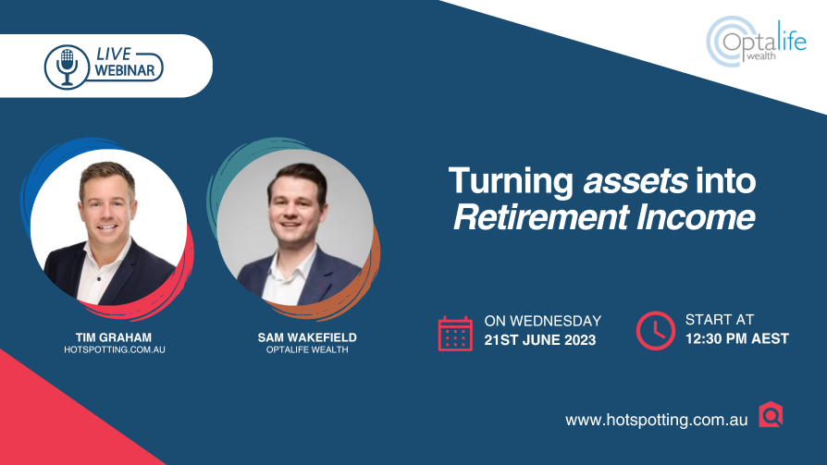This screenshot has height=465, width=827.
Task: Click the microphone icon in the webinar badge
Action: pos(67,67)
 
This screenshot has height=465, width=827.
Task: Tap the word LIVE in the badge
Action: pos(114,54)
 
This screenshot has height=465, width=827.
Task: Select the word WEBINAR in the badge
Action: pos(125,70)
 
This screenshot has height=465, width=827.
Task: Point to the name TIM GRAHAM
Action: pos(114,337)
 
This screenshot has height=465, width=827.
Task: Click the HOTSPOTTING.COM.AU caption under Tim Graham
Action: pos(115,349)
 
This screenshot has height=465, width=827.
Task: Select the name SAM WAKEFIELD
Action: pos(307,337)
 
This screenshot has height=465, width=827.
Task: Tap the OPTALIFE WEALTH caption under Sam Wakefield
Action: pos(307,349)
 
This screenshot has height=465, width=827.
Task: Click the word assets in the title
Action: pos(636,181)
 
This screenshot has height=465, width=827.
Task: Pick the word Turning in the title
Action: pos(511,182)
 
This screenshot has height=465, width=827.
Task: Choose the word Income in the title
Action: pos(696,217)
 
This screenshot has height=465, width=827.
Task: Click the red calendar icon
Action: pos(455,334)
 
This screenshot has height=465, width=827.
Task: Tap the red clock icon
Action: pos(656,331)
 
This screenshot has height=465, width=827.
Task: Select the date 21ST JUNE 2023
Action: pos(540,340)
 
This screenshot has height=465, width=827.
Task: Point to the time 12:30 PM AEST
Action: pos(737,338)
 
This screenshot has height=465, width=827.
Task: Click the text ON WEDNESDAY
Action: pos(543,321)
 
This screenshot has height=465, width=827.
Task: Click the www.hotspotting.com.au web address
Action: pos(657,421)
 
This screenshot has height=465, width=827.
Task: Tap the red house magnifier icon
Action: pos(771,414)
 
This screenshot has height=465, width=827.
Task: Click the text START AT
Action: pos(720,320)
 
